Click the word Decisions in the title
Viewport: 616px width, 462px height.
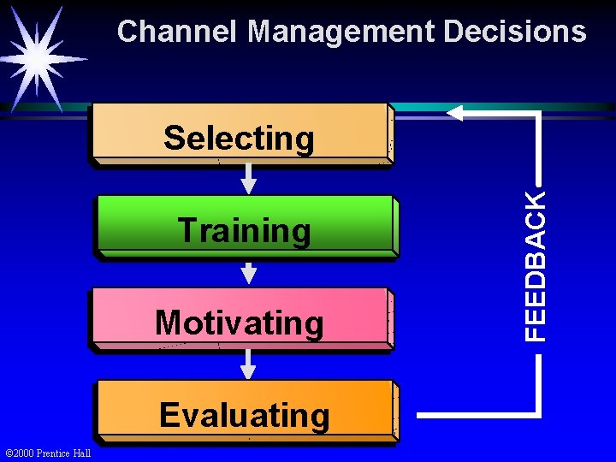(x=515, y=33)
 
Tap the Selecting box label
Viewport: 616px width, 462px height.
(x=240, y=138)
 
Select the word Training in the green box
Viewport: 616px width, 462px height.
(x=245, y=231)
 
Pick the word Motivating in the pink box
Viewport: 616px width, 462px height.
(x=240, y=323)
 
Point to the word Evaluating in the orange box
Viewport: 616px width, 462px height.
(x=245, y=416)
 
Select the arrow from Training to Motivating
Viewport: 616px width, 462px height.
(x=248, y=271)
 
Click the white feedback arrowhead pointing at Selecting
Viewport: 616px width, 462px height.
(x=454, y=113)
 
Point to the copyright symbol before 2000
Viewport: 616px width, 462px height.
(x=9, y=453)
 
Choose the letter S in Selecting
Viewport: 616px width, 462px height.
(x=174, y=138)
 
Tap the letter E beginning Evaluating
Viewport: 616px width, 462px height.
(x=169, y=416)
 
